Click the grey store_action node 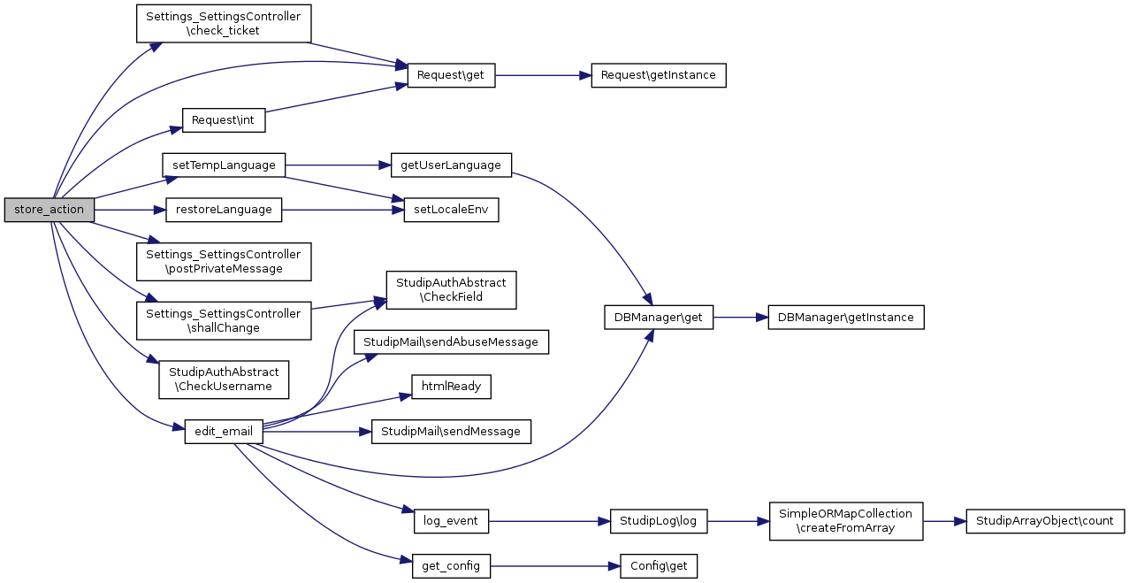tap(49, 210)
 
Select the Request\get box tap(450, 75)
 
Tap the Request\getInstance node tap(658, 75)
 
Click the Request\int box tap(224, 120)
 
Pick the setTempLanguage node tap(224, 165)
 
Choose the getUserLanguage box tap(451, 165)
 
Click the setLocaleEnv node tap(451, 210)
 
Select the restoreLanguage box tap(224, 210)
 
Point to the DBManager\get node tap(658, 318)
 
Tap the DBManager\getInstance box tap(846, 318)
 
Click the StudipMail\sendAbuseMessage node tap(451, 342)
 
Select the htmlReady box tap(451, 387)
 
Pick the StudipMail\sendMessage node tap(451, 432)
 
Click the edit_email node tap(224, 432)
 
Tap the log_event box tap(451, 521)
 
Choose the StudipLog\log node tap(658, 521)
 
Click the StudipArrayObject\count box tap(1045, 521)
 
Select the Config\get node tap(658, 565)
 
